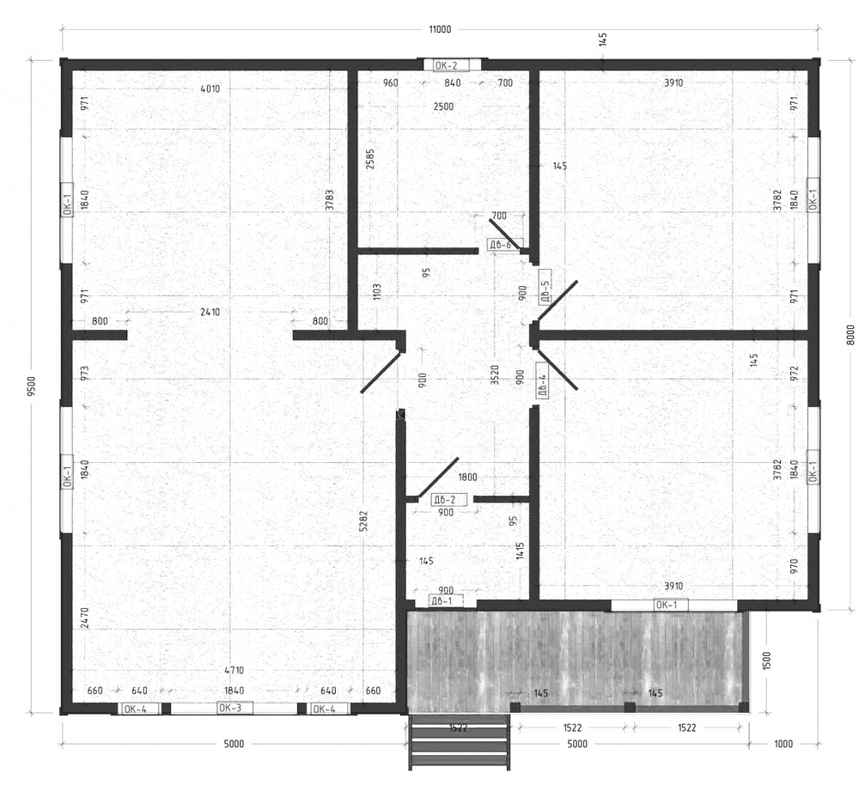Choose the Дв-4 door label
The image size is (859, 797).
coord(543,385)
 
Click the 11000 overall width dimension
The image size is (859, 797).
coord(439,29)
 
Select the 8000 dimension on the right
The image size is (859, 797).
coord(850,335)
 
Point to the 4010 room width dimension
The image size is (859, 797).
coord(210,88)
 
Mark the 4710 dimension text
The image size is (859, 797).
coord(234,670)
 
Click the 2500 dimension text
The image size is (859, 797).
coord(443,106)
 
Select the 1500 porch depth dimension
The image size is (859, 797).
coord(766,660)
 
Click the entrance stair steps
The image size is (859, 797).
coord(459,742)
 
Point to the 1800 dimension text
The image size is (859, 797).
coord(467,478)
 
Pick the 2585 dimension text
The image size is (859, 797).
coord(370,159)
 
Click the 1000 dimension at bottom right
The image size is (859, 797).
coord(783,744)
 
